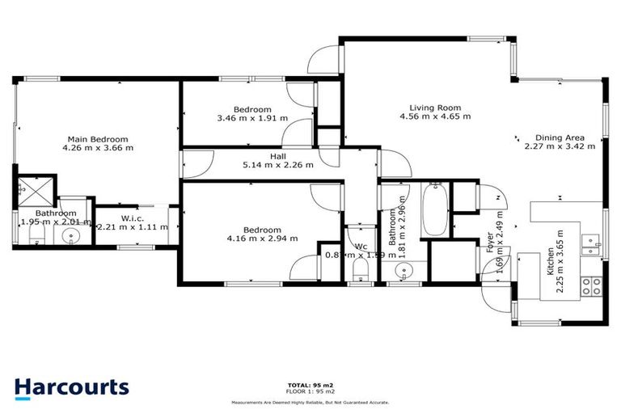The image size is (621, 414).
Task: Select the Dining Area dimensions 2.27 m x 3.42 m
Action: [560, 146]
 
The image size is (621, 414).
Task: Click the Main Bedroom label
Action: [97, 138]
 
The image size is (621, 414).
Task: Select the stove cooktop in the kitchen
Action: [595, 285]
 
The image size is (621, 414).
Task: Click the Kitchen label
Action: [550, 264]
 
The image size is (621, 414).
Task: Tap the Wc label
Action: [360, 246]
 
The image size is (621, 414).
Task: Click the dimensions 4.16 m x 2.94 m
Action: [262, 239]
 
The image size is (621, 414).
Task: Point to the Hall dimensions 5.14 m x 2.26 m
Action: [278, 165]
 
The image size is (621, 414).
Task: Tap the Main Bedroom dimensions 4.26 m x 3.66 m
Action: [98, 148]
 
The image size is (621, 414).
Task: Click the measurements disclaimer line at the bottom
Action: [310, 401]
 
